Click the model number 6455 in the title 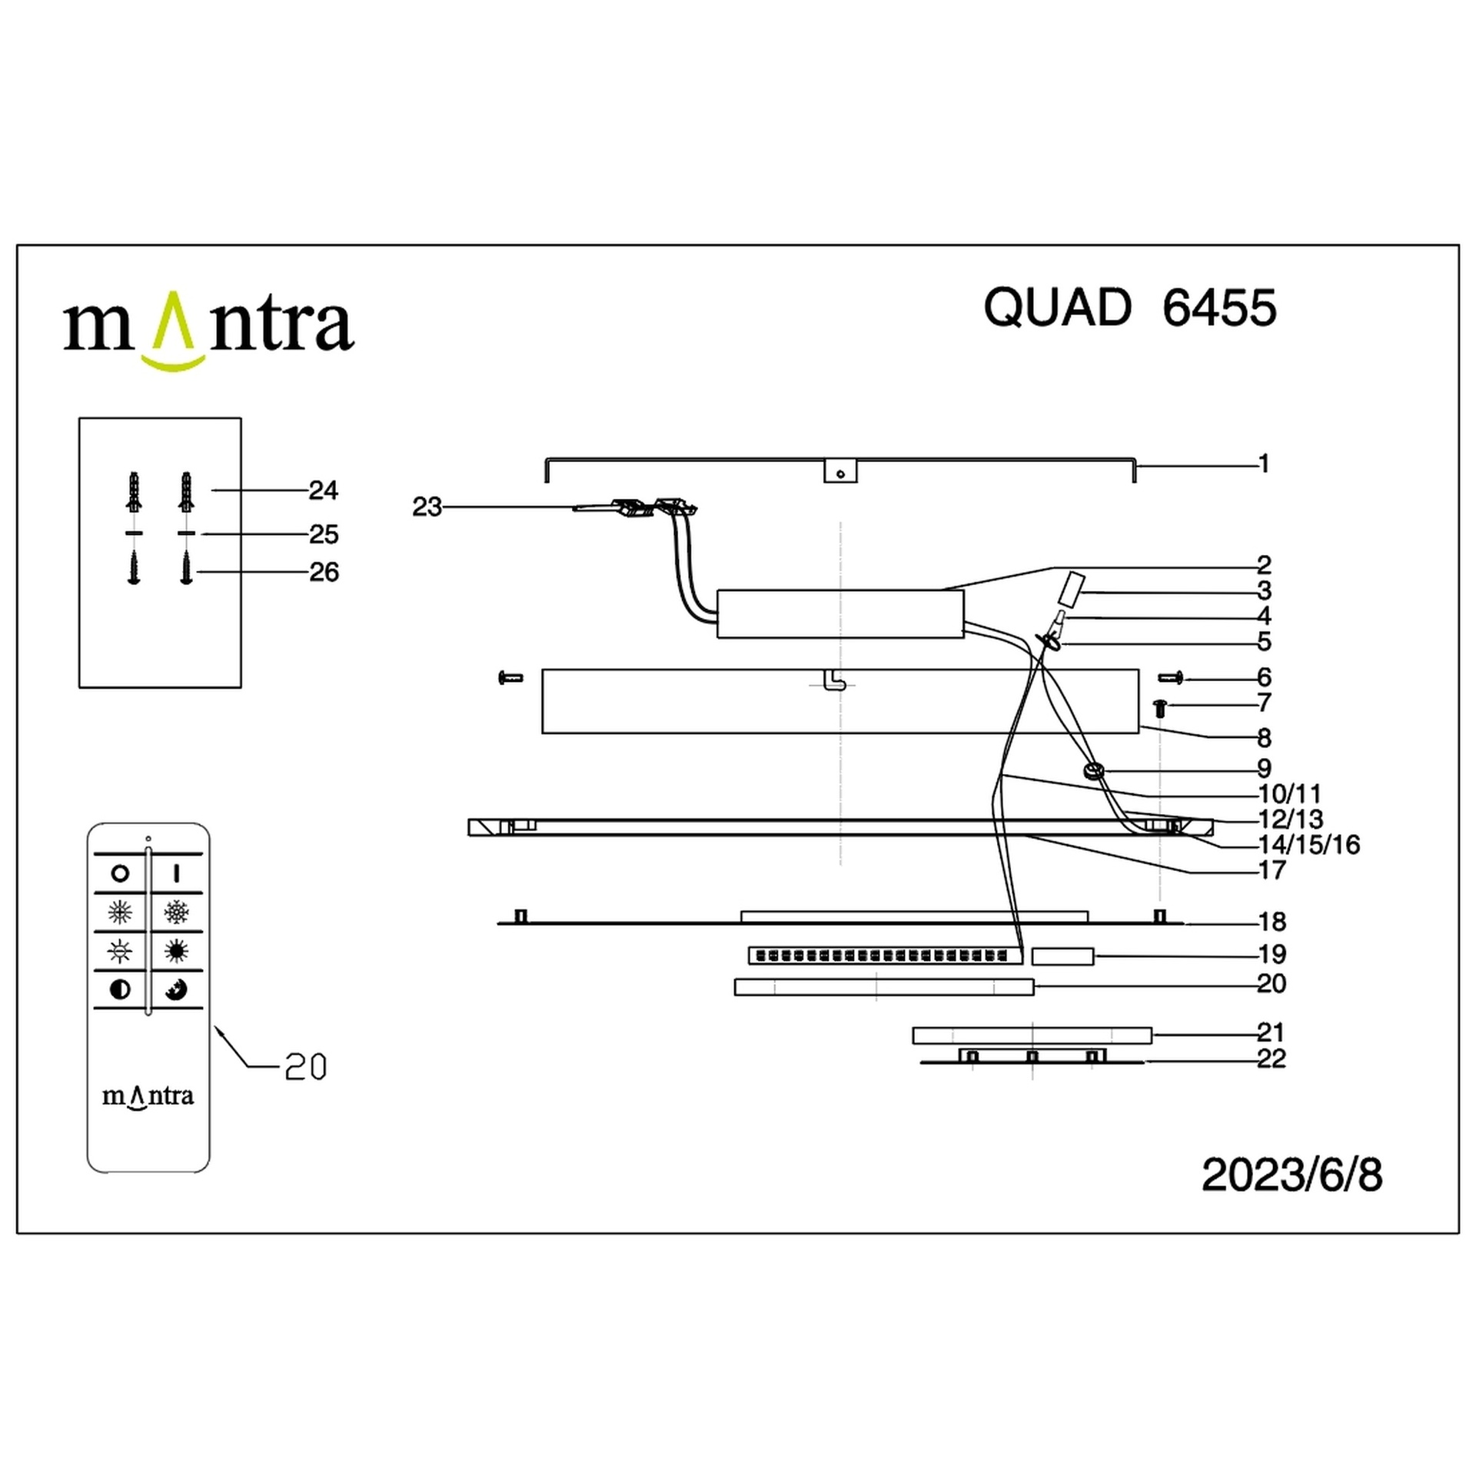tap(1219, 308)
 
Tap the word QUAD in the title tap(1058, 308)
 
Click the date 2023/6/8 tap(1291, 1175)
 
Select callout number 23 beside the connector tap(427, 507)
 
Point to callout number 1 tap(1264, 464)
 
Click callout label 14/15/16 tap(1308, 845)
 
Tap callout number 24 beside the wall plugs tap(324, 490)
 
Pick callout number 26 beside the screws tap(324, 572)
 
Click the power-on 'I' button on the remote tap(176, 873)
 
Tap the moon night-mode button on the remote tap(176, 989)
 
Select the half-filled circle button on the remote tap(120, 989)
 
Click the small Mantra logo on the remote tap(148, 1096)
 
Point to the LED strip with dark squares tap(883, 956)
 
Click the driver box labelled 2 tap(839, 613)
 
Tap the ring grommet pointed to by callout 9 tap(1092, 770)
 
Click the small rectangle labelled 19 tap(1062, 956)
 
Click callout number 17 tap(1272, 870)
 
